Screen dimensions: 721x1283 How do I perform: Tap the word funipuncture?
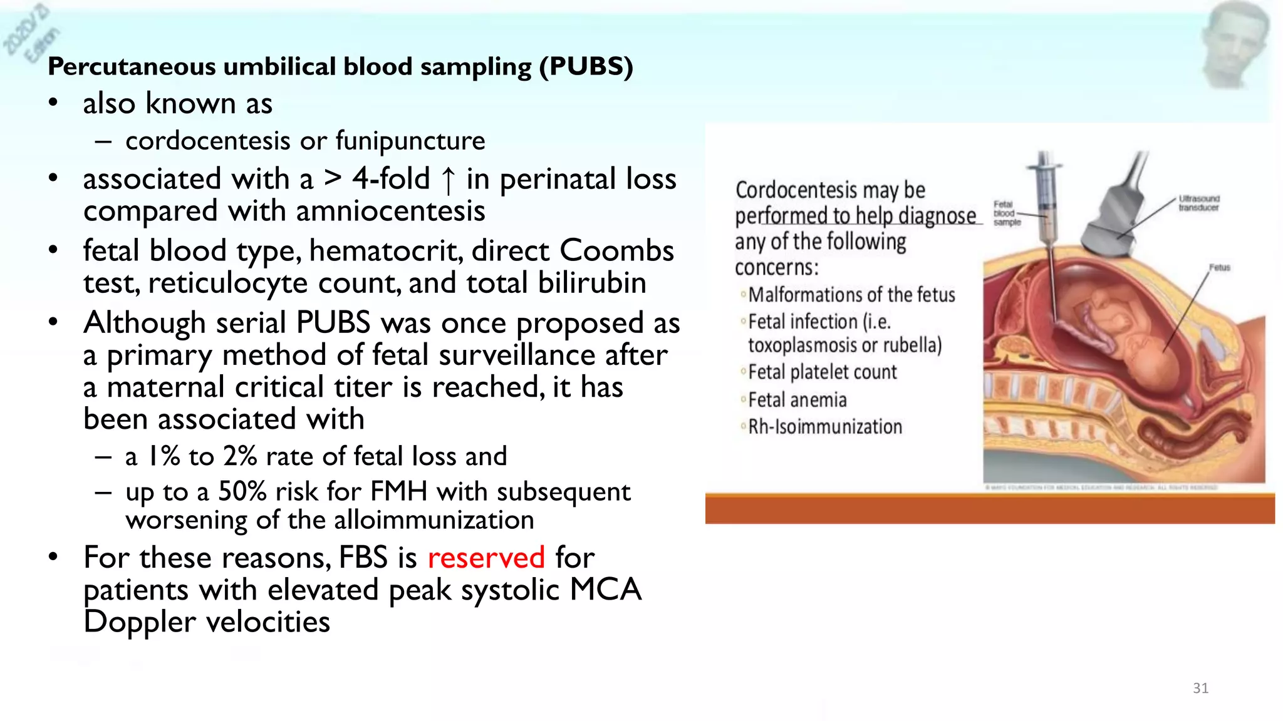[410, 141]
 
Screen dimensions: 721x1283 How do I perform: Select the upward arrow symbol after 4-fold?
[448, 180]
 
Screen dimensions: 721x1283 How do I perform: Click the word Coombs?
[616, 251]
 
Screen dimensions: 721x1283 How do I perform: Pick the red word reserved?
[486, 558]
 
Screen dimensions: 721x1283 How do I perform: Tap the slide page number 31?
[1200, 688]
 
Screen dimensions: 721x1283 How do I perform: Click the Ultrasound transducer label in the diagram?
[1198, 203]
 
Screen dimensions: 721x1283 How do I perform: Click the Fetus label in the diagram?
[1219, 268]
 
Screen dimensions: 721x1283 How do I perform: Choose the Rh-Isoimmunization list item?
[825, 427]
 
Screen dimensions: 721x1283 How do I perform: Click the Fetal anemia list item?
[797, 400]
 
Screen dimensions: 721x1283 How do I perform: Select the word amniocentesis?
[390, 212]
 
